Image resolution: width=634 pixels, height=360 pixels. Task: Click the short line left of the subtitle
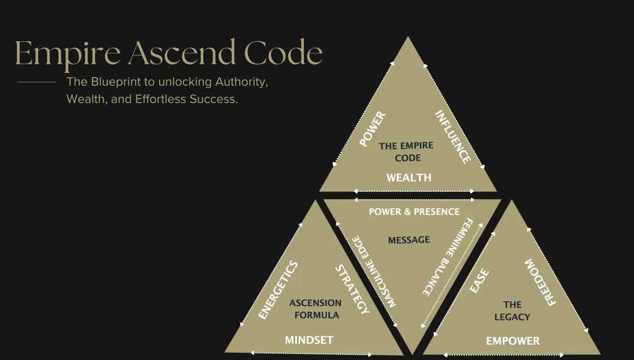[x=36, y=82]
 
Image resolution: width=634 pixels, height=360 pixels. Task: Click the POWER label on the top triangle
[x=372, y=129]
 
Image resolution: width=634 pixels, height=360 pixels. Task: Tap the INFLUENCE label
[x=453, y=136]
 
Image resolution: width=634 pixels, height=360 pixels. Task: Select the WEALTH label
[x=408, y=178]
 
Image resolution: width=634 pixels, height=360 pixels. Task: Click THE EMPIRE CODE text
[x=406, y=152]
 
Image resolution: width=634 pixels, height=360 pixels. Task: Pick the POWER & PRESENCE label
[x=414, y=211]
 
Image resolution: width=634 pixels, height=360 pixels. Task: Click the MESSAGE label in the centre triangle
[x=409, y=240]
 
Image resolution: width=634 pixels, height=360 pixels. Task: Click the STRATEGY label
[x=352, y=290]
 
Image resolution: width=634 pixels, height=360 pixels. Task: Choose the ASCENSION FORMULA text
[x=315, y=309]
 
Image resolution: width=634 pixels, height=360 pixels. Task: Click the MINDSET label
[x=309, y=340]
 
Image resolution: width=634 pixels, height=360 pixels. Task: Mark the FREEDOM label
[x=540, y=283]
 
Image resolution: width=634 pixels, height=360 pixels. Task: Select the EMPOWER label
[x=513, y=341]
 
